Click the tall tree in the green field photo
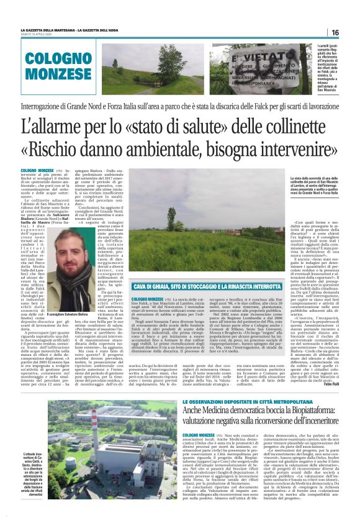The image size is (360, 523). (x=171, y=219)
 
